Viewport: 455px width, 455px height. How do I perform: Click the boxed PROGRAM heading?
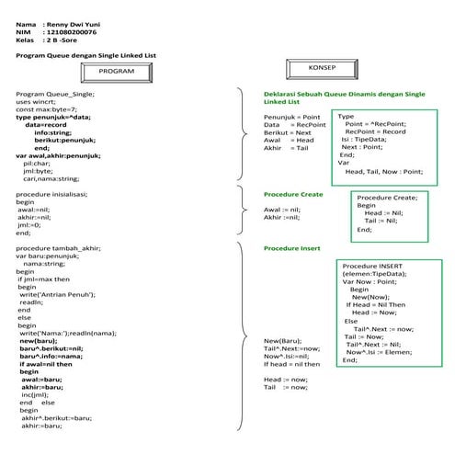(x=116, y=72)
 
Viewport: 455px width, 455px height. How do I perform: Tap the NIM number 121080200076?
(x=72, y=32)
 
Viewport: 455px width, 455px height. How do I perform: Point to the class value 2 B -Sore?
(x=63, y=40)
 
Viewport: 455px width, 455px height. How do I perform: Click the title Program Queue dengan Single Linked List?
(x=86, y=55)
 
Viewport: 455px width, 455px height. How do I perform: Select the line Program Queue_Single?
(x=55, y=95)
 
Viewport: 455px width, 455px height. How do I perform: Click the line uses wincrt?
(x=40, y=102)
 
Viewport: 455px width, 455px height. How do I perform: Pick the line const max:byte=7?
(x=47, y=109)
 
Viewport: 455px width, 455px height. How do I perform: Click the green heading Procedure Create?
(x=293, y=195)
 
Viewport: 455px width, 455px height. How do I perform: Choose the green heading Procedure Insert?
(x=291, y=248)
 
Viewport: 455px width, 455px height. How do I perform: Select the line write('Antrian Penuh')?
(x=56, y=293)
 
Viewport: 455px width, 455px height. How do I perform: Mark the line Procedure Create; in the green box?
(x=387, y=198)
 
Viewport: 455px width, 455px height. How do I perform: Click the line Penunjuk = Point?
(x=292, y=118)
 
